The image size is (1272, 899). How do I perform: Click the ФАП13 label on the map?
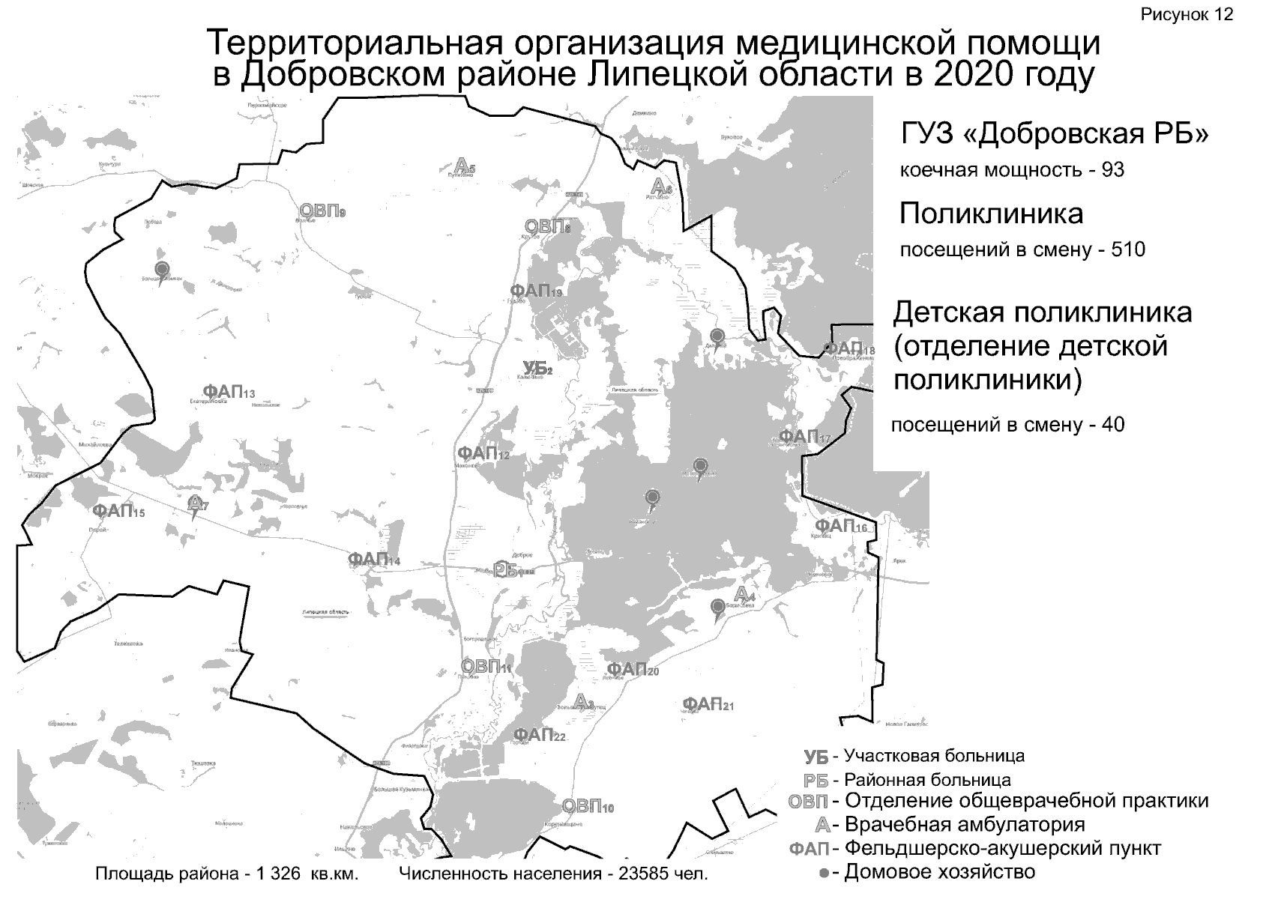coord(229,391)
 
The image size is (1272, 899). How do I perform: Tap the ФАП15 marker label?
coord(118,512)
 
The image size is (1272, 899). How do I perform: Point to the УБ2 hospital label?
coord(537,368)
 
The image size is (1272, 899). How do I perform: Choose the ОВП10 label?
coord(588,807)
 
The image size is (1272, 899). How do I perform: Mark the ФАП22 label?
coord(539,735)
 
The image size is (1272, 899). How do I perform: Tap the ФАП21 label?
coord(708,704)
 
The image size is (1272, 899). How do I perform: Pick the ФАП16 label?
coord(840,526)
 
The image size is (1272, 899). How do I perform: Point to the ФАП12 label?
coord(483,453)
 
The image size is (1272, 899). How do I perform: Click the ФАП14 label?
coord(373,560)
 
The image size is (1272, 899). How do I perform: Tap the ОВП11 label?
coord(485,666)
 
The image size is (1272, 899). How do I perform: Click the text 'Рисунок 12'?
coord(1187,15)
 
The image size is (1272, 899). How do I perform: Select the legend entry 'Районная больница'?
coord(927,780)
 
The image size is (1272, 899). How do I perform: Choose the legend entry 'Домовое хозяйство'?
coord(939,872)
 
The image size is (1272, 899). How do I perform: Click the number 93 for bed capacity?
coord(1112,170)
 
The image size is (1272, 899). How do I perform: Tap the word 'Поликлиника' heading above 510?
coord(991,214)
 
